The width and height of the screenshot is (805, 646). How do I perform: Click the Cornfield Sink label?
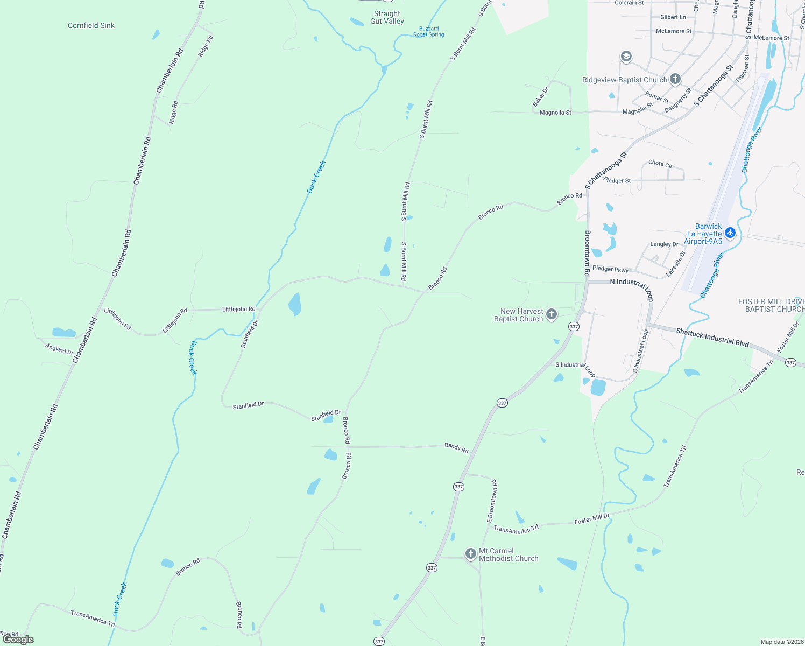pyautogui.click(x=91, y=25)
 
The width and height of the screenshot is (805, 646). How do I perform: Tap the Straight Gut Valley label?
pyautogui.click(x=387, y=17)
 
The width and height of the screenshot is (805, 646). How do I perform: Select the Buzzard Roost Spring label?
pyautogui.click(x=429, y=32)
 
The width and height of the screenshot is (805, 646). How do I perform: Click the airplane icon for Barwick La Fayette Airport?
pyautogui.click(x=730, y=233)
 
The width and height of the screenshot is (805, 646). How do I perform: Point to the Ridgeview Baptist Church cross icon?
pyautogui.click(x=675, y=79)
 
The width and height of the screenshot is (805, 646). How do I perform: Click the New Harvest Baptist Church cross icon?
pyautogui.click(x=551, y=314)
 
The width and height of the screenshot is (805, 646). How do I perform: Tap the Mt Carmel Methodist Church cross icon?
pyautogui.click(x=470, y=554)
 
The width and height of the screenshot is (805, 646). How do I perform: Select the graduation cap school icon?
pyautogui.click(x=626, y=57)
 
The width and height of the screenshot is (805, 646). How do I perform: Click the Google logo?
pyautogui.click(x=18, y=640)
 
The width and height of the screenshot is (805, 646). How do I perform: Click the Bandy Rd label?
pyautogui.click(x=456, y=447)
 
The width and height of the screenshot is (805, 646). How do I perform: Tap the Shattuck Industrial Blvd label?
pyautogui.click(x=712, y=337)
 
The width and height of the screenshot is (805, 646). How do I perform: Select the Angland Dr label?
pyautogui.click(x=59, y=349)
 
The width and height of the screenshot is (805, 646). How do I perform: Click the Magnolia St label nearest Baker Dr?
pyautogui.click(x=555, y=113)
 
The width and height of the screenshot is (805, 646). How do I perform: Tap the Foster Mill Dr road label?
pyautogui.click(x=591, y=519)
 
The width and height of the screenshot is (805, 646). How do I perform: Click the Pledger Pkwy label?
pyautogui.click(x=610, y=269)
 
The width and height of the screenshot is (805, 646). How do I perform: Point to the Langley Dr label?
pyautogui.click(x=664, y=244)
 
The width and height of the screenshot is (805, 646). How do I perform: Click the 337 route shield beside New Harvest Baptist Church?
pyautogui.click(x=574, y=327)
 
